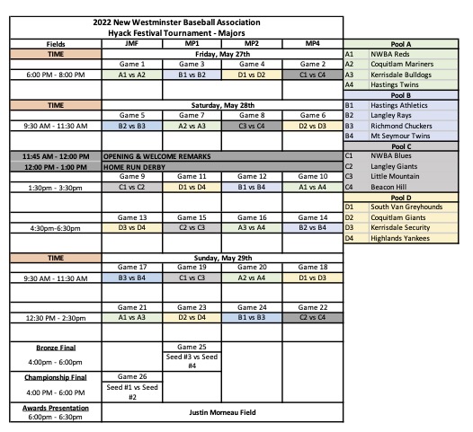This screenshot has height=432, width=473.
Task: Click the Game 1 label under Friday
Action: [132, 65]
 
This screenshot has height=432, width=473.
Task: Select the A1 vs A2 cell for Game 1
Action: [132, 75]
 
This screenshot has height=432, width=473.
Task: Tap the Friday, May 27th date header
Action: [222, 54]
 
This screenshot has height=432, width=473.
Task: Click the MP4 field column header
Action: [312, 43]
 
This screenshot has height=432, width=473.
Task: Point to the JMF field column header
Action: [132, 43]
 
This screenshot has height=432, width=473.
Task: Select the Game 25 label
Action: [192, 347]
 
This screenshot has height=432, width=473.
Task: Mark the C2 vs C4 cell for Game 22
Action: [312, 317]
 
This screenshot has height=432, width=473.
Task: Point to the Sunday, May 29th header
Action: [222, 257]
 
